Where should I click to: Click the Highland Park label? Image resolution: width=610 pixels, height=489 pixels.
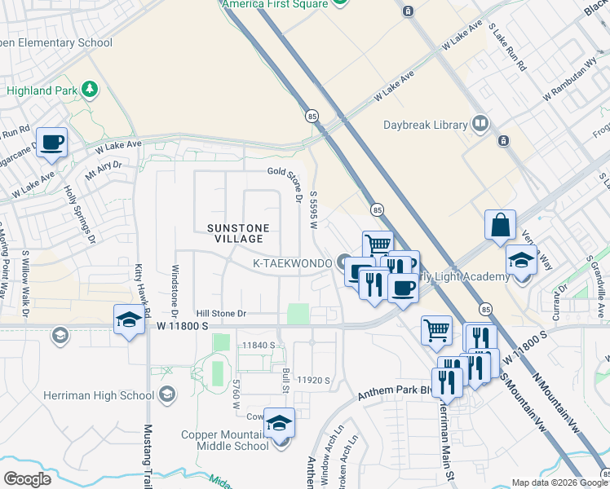click(x=40, y=90)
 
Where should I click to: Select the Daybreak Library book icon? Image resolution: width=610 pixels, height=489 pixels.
click(x=481, y=125)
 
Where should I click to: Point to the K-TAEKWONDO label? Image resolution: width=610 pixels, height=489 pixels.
click(x=291, y=263)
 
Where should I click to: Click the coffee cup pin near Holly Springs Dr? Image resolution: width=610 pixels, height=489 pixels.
click(x=51, y=143)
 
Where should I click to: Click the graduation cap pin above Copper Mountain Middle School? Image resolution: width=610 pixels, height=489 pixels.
click(x=279, y=424)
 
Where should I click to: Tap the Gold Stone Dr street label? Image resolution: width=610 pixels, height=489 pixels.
click(x=279, y=171)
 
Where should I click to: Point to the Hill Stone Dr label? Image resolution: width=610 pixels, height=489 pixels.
click(x=221, y=313)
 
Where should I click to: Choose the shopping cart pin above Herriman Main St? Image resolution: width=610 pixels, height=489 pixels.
click(x=436, y=330)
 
